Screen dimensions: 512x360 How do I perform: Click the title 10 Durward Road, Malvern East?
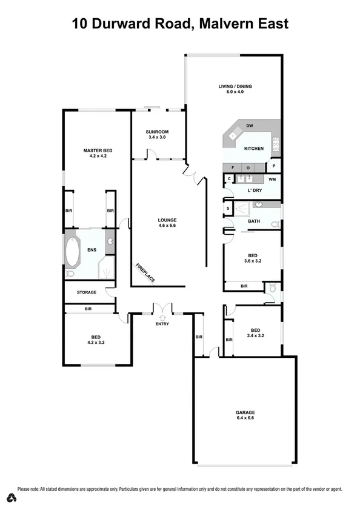pyautogui.click(x=180, y=24)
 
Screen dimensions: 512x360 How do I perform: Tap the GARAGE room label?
pyautogui.click(x=245, y=412)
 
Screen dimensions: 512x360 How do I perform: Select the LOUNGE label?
pyautogui.click(x=167, y=221)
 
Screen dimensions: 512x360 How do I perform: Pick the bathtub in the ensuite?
pyautogui.click(x=73, y=252)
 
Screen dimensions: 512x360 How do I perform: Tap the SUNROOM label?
pyautogui.click(x=157, y=132)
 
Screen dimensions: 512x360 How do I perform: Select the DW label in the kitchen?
pyautogui.click(x=248, y=127)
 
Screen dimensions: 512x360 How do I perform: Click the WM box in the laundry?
pyautogui.click(x=273, y=179)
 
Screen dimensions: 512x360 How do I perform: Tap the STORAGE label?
pyautogui.click(x=86, y=292)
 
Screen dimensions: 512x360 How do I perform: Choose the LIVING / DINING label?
pyautogui.click(x=235, y=86)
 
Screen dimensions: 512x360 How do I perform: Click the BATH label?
pyautogui.click(x=254, y=221)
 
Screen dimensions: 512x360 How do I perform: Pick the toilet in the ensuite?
pyautogui.click(x=70, y=274)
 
